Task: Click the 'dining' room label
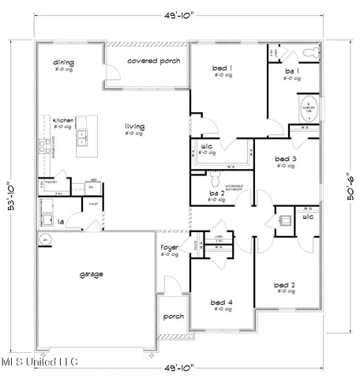[x=63, y=62]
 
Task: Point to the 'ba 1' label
[x=290, y=72]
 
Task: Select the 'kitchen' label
[x=63, y=121]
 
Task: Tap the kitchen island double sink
[x=82, y=139]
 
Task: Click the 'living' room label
[x=133, y=126]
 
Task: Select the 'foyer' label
[x=170, y=250]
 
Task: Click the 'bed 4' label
[x=220, y=302]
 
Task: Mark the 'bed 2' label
[x=284, y=285]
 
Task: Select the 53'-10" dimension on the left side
[x=9, y=196]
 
